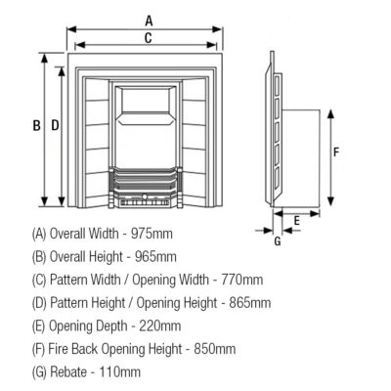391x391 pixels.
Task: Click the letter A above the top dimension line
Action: point(149,21)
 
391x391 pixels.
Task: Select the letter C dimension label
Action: point(149,38)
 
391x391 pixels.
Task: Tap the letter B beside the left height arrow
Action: point(37,125)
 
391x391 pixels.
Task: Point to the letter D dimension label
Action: point(55,125)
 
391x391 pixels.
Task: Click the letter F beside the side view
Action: point(336,152)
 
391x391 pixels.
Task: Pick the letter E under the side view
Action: point(296,221)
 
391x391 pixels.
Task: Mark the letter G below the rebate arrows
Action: point(278,241)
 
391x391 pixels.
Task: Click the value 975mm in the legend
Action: point(152,234)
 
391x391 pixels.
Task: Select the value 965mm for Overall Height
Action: point(155,257)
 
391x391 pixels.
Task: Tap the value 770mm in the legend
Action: point(242,280)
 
